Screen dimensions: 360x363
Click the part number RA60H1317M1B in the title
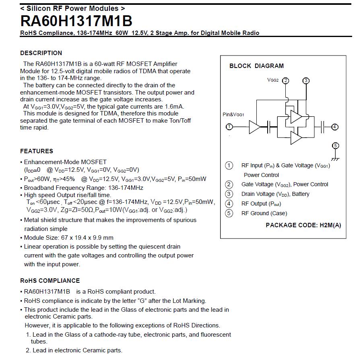pyautogui.click(x=76, y=21)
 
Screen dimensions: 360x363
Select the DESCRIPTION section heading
pyautogui.click(x=41, y=53)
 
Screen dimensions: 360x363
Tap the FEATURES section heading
pyautogui.click(x=37, y=151)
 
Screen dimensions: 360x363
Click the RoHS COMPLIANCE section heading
pyautogui.click(x=50, y=281)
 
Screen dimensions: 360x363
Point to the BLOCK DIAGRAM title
pyautogui.click(x=256, y=66)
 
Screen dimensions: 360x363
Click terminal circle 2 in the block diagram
pyautogui.click(x=286, y=80)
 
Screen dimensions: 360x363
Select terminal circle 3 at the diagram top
pyautogui.click(x=306, y=80)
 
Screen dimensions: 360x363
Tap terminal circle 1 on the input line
pyautogui.click(x=229, y=127)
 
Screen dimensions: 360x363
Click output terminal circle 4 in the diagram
pyautogui.click(x=335, y=127)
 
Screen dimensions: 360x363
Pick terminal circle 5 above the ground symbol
pyautogui.click(x=335, y=146)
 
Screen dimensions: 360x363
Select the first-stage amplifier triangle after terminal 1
pyautogui.click(x=254, y=127)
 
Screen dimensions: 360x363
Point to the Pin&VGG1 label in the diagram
pyautogui.click(x=233, y=115)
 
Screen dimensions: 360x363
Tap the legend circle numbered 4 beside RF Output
pyautogui.click(x=229, y=204)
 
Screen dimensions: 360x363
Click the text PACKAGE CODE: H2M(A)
pyautogui.click(x=303, y=225)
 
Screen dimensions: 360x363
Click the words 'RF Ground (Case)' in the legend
pyautogui.click(x=264, y=213)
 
